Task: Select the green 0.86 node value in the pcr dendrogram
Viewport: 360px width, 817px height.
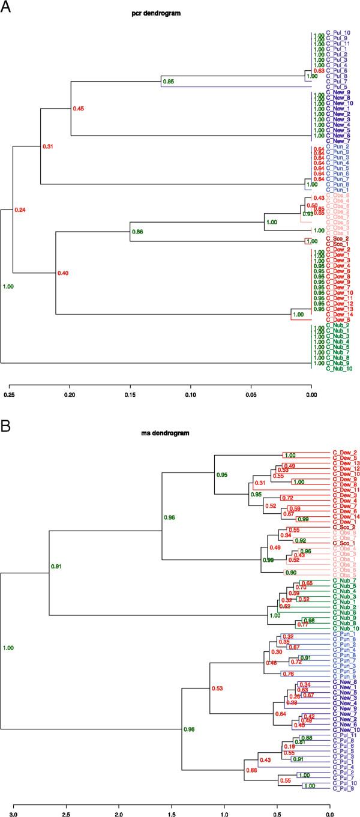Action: [x=137, y=231]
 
